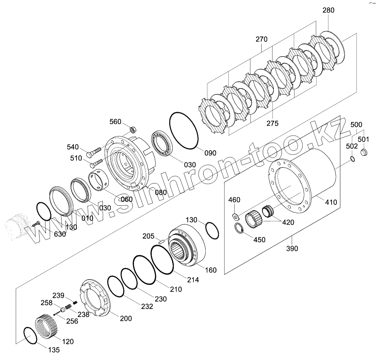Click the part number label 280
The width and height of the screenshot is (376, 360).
click(328, 10)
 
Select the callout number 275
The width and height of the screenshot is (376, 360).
click(272, 123)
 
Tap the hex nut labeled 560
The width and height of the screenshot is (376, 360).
click(133, 130)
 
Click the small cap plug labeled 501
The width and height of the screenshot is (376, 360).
click(364, 153)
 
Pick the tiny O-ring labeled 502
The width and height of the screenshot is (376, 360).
click(353, 159)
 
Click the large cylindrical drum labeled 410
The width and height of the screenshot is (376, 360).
click(315, 175)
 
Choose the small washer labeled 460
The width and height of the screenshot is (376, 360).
click(235, 215)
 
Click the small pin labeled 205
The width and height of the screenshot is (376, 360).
click(162, 241)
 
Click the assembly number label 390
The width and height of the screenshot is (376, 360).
click(292, 249)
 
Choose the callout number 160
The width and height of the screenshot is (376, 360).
click(211, 270)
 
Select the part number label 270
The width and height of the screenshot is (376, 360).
click(261, 39)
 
